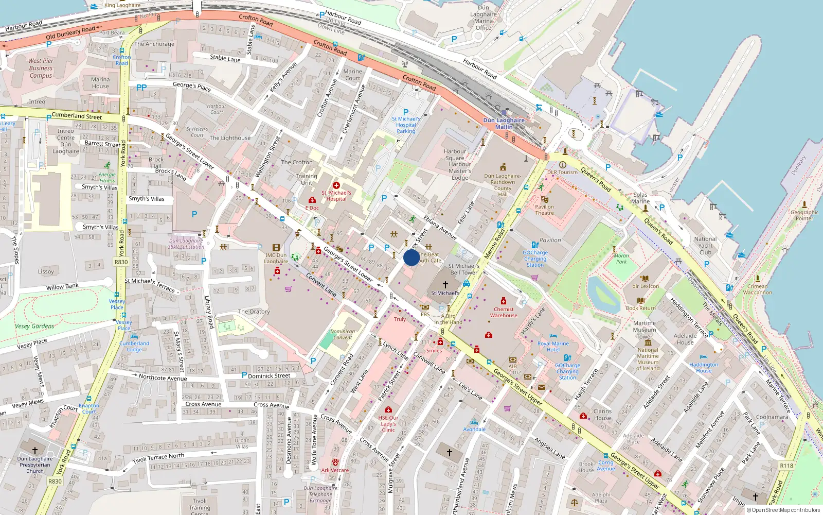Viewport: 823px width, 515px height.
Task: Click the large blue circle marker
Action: click(411, 257)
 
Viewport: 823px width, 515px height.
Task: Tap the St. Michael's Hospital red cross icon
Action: click(336, 185)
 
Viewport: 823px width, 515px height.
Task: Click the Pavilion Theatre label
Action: click(544, 210)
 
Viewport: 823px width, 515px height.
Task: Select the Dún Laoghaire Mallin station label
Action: click(504, 124)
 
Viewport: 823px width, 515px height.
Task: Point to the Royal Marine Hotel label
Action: click(553, 346)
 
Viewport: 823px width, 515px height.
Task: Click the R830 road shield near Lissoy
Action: click(121, 262)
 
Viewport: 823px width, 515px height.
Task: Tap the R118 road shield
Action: click(786, 466)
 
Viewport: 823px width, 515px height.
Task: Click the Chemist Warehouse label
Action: click(504, 312)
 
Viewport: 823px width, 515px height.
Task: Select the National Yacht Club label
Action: click(705, 246)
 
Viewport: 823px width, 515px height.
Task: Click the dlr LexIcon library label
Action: click(646, 286)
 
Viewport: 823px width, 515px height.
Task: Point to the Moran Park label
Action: click(621, 259)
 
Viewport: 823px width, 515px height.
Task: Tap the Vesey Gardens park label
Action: click(34, 326)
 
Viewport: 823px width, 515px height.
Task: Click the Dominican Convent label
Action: click(343, 335)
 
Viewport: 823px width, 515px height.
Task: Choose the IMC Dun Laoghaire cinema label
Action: click(276, 258)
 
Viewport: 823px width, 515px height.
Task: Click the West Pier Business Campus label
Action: click(41, 68)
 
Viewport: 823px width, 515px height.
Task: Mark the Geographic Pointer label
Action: click(804, 215)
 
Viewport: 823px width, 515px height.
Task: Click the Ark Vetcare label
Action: click(335, 470)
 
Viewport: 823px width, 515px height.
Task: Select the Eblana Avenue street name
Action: click(440, 227)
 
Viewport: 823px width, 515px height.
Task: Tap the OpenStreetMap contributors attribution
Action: click(783, 510)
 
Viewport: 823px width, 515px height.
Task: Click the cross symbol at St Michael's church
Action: click(445, 284)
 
